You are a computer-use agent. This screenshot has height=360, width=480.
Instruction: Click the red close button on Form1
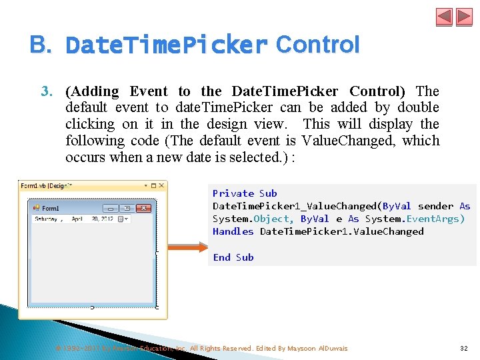click(x=144, y=208)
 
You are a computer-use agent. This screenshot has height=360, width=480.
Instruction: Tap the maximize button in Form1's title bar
click(x=127, y=208)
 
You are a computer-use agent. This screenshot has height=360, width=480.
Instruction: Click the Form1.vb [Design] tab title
click(x=45, y=185)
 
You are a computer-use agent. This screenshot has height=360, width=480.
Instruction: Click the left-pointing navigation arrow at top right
click(x=445, y=17)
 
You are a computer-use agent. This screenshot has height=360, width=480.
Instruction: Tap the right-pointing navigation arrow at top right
click(x=464, y=17)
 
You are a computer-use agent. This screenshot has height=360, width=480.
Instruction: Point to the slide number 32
click(x=463, y=348)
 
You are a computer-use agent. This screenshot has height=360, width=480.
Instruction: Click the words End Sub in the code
click(x=233, y=257)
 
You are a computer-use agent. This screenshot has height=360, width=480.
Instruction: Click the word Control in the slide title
click(x=317, y=45)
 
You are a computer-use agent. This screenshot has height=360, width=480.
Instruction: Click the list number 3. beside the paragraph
click(x=48, y=91)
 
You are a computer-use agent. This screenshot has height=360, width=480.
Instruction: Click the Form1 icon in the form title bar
click(x=37, y=208)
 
